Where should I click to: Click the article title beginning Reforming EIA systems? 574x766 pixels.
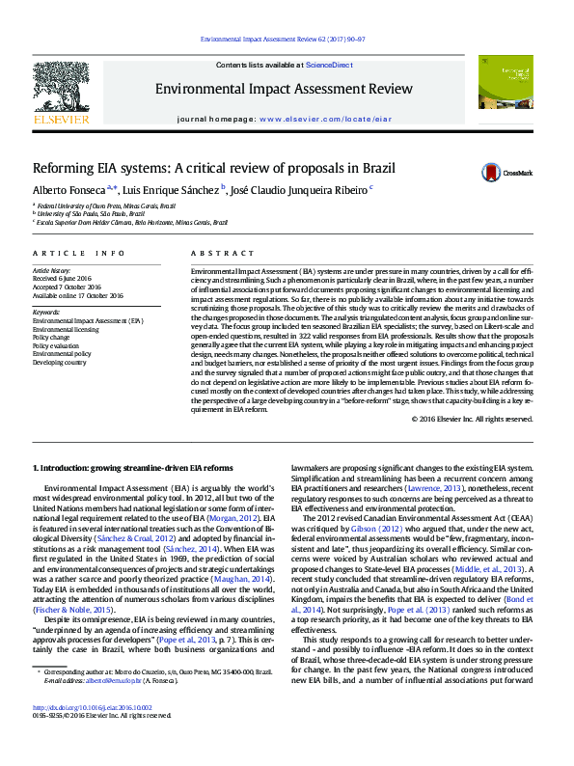click(x=200, y=168)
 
